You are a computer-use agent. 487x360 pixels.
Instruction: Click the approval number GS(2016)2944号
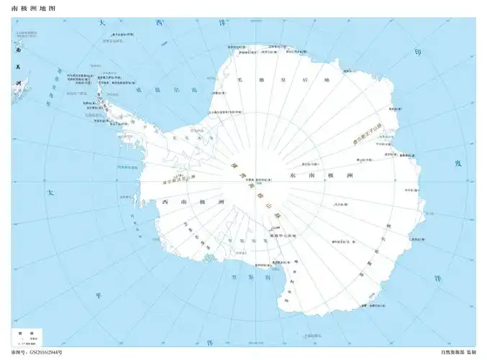(37, 352)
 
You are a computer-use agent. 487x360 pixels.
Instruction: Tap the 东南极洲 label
(321, 176)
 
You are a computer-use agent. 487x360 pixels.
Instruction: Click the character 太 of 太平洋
(50, 193)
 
